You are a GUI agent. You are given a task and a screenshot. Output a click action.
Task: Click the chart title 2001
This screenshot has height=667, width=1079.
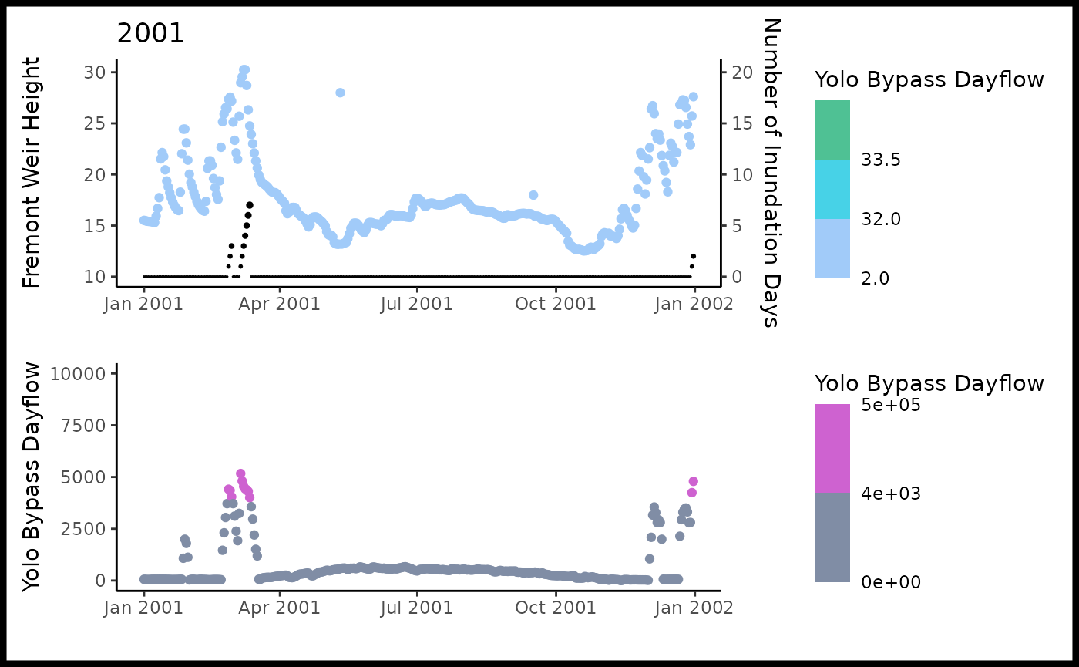(150, 34)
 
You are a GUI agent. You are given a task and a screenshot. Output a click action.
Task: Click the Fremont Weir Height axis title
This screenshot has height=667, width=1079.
(32, 173)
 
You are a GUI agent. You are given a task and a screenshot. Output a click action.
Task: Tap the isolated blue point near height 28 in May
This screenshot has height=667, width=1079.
(340, 93)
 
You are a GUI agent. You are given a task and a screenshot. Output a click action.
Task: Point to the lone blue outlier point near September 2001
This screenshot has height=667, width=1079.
(533, 195)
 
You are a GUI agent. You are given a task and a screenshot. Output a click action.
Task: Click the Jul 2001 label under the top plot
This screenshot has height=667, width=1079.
(417, 304)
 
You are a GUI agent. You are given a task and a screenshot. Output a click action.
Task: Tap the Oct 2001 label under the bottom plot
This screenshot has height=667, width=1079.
(555, 608)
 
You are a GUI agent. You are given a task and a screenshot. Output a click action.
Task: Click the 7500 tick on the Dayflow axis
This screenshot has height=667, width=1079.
(85, 426)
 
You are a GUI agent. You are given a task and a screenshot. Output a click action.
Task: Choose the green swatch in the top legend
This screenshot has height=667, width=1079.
(832, 130)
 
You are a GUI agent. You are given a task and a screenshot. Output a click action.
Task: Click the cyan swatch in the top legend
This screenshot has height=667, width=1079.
(832, 189)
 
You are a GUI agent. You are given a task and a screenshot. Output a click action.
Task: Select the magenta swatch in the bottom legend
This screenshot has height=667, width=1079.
(832, 449)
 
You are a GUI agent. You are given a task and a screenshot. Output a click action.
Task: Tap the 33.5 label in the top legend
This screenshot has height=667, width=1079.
(881, 160)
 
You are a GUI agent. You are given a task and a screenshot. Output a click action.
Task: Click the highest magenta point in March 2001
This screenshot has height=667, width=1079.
(240, 473)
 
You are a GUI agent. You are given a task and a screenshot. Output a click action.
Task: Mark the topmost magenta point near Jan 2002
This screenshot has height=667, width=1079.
(693, 481)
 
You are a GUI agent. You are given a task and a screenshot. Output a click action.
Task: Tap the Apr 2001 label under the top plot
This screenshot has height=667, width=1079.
(280, 304)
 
